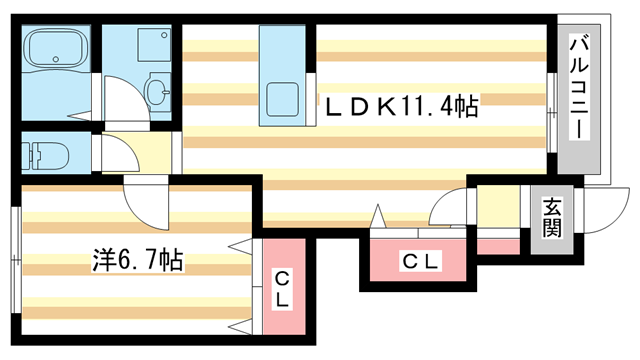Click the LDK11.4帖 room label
coord(398,104)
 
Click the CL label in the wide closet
coord(421,262)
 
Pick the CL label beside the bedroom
coord(283,288)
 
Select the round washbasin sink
coord(158,92)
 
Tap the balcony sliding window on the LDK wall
coord(551,109)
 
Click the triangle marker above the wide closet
coord(380,216)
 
